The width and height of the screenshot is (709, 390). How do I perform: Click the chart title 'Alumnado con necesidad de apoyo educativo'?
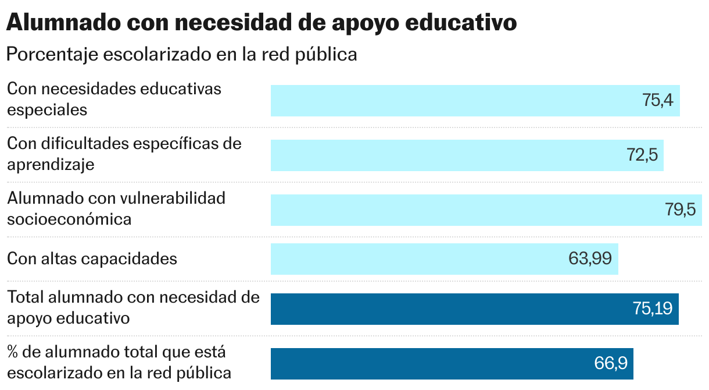click(261, 23)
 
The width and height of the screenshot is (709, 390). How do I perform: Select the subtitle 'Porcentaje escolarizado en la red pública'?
click(181, 55)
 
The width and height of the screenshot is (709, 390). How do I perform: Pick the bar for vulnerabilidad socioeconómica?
click(465, 210)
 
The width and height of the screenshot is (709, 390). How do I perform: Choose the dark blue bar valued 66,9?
click(430, 364)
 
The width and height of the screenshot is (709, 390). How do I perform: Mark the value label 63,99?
click(590, 258)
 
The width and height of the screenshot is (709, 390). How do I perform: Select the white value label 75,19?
click(653, 309)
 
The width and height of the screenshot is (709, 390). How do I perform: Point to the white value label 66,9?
click(611, 364)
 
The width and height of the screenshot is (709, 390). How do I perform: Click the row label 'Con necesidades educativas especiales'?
click(114, 99)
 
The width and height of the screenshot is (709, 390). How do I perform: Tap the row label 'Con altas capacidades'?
click(92, 258)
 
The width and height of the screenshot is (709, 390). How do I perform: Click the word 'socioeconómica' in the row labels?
click(69, 219)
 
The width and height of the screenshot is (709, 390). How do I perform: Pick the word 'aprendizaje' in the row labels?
click(51, 165)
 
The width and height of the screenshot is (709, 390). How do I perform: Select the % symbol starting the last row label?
click(12, 352)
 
